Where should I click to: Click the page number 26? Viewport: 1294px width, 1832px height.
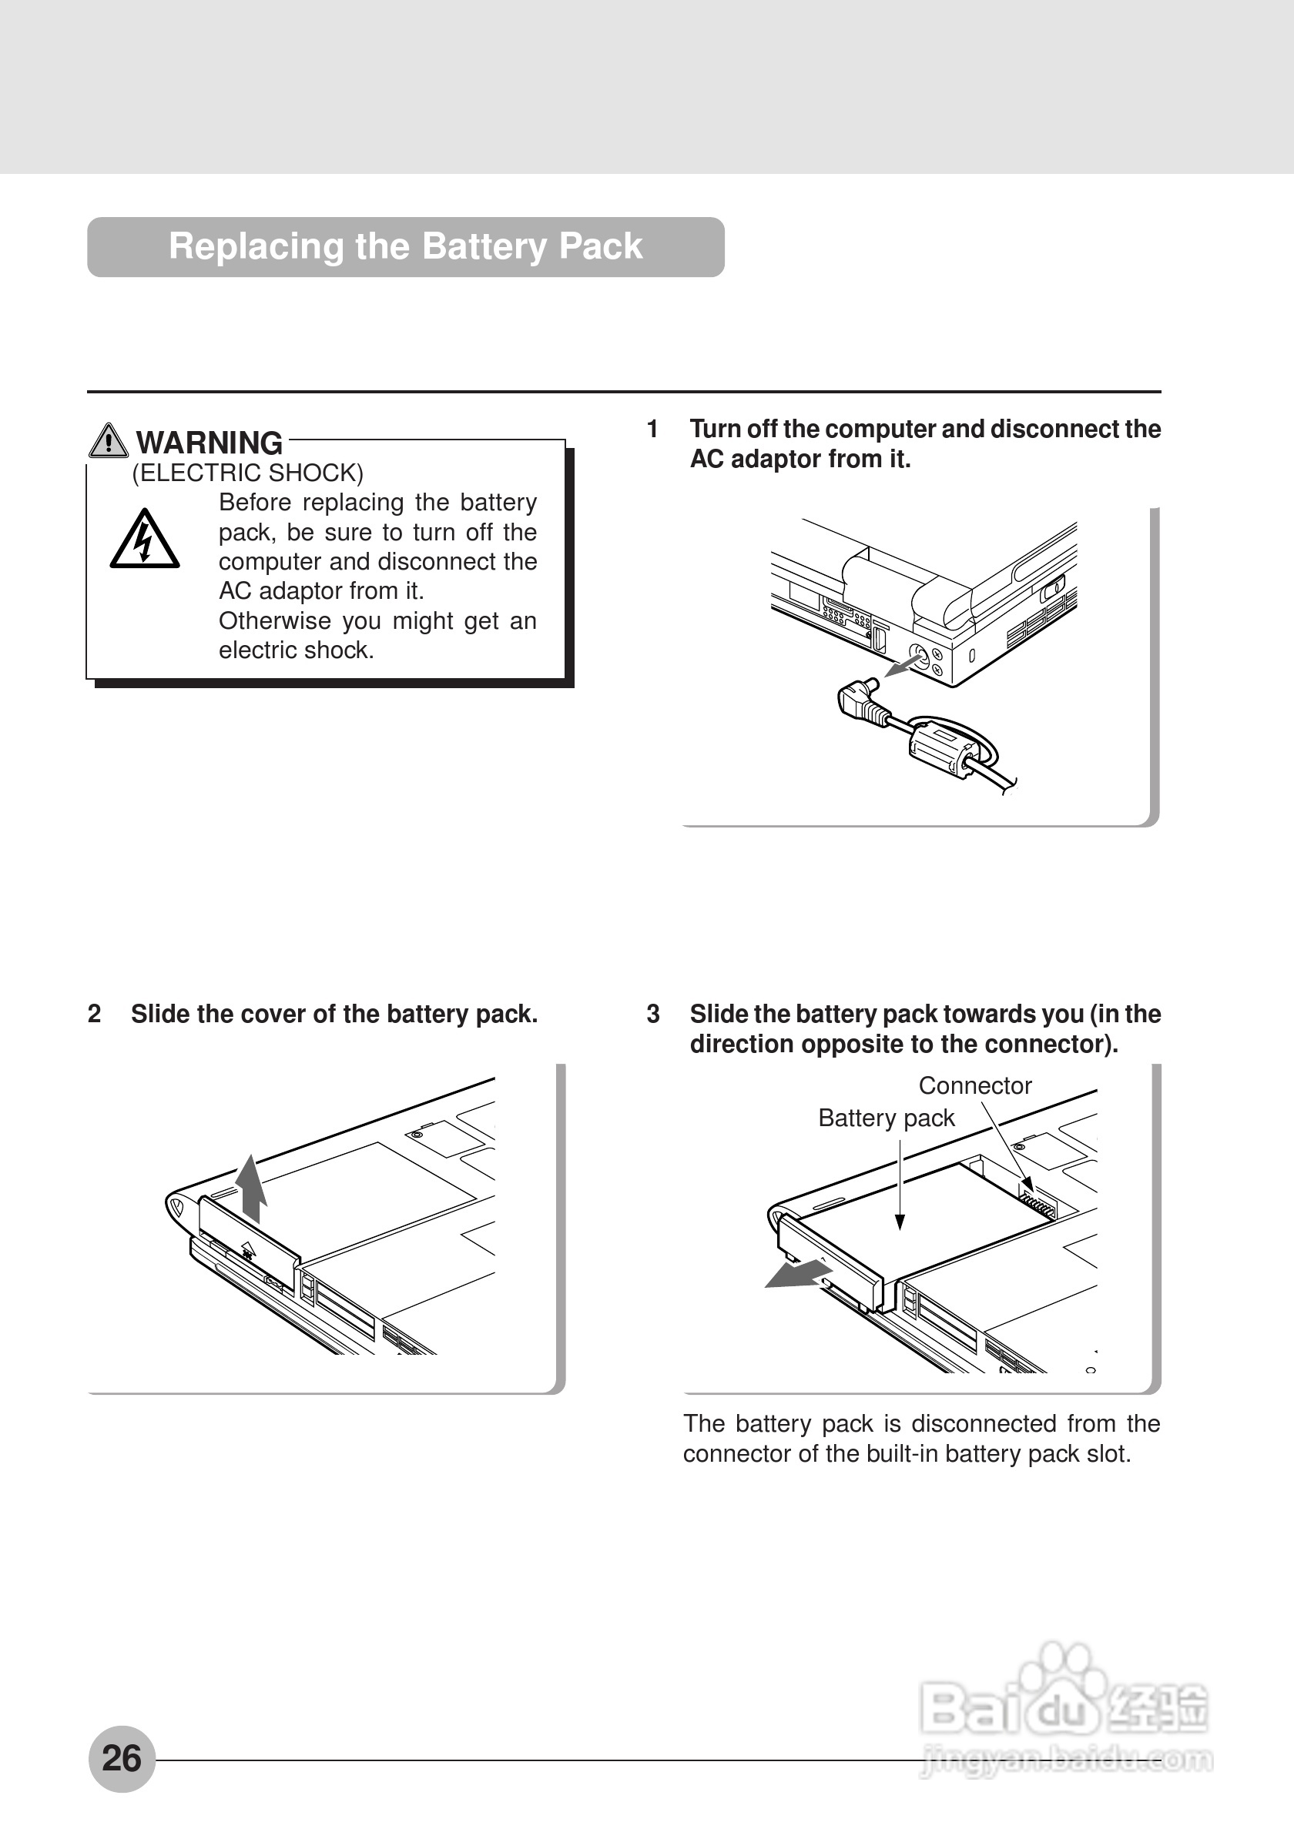[x=122, y=1758]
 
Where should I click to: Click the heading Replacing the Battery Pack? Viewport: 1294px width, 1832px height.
[x=405, y=246]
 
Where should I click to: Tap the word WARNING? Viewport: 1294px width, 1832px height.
[x=210, y=443]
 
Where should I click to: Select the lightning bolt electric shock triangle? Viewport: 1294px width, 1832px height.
[x=145, y=541]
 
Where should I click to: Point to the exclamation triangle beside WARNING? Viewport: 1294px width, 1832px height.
[x=109, y=440]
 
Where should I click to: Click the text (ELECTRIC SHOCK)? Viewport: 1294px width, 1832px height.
[x=247, y=473]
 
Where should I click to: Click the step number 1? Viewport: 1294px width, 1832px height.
[x=652, y=430]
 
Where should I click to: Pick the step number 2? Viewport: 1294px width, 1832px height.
[x=94, y=1015]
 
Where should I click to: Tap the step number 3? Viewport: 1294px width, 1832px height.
[x=653, y=1015]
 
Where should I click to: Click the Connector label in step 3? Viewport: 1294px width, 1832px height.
[x=974, y=1086]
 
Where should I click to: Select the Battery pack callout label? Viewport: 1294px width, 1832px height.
[x=886, y=1118]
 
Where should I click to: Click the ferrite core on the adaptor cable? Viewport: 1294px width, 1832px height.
[x=943, y=747]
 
